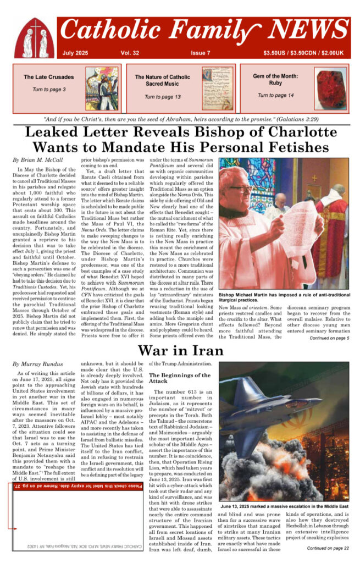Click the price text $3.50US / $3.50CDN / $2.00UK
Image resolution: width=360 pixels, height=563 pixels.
[x=303, y=53]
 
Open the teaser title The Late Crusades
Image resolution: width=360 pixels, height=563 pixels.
[x=48, y=78]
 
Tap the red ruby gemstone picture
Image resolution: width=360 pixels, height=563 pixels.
[x=331, y=89]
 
